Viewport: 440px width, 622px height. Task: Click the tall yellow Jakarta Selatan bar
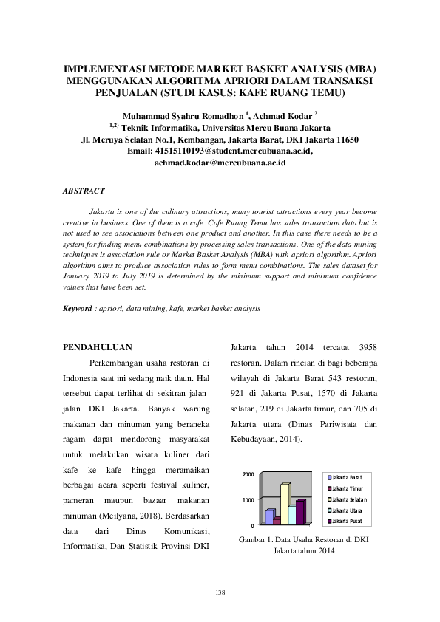coord(285,504)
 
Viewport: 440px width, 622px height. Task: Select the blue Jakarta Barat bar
coord(270,516)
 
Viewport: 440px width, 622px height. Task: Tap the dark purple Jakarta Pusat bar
coord(300,512)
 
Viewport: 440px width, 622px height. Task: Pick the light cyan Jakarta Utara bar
coord(292,514)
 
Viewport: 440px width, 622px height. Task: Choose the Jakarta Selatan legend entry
coord(348,499)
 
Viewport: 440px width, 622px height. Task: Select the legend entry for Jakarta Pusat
coord(347,522)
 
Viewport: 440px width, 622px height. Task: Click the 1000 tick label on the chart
coord(249,501)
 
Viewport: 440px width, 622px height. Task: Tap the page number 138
coord(220,592)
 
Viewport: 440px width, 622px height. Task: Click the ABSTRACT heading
coord(84,191)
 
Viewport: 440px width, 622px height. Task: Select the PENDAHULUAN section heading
coord(97,346)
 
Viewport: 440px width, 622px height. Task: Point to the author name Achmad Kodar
coord(285,116)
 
